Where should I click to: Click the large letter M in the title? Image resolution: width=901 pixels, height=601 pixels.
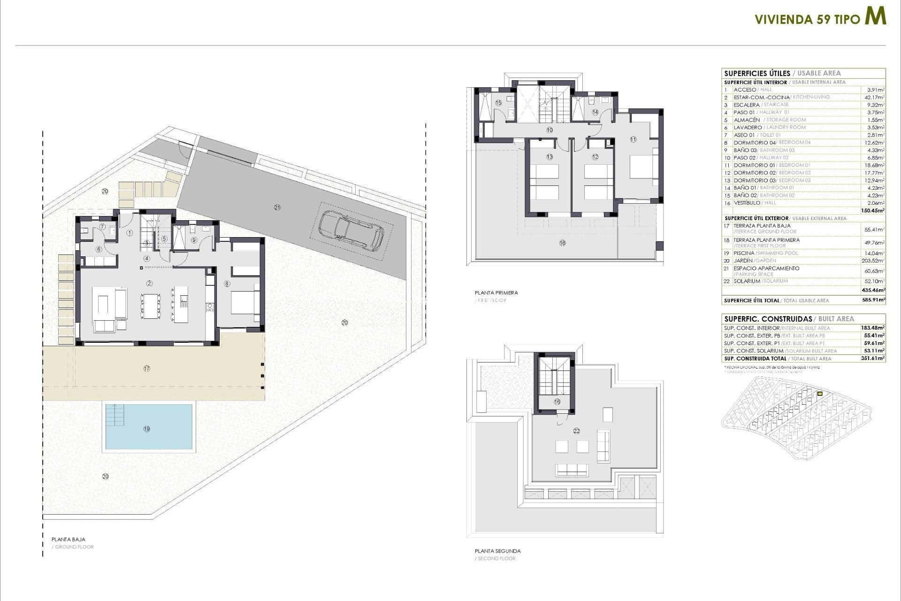pyautogui.click(x=876, y=16)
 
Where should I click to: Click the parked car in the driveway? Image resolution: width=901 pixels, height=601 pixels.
pyautogui.click(x=351, y=230)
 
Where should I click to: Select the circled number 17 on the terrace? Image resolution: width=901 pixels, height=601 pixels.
pyautogui.click(x=147, y=369)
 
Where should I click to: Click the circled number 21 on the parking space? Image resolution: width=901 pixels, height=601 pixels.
pyautogui.click(x=277, y=207)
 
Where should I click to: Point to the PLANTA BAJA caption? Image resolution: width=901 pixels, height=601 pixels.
pyautogui.click(x=69, y=539)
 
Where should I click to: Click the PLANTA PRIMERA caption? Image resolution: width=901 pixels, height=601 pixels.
pyautogui.click(x=496, y=293)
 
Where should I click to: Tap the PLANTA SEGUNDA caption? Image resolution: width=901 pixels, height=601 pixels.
pyautogui.click(x=497, y=551)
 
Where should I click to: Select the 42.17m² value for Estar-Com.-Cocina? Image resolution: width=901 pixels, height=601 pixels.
pyautogui.click(x=875, y=97)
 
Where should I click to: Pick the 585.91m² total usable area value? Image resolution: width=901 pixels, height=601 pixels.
pyautogui.click(x=873, y=300)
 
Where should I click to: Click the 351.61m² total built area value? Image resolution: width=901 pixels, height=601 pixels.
pyautogui.click(x=874, y=358)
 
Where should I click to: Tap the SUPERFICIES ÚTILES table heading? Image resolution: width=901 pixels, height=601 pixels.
pyautogui.click(x=757, y=73)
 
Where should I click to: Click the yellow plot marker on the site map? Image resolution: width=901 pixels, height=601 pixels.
pyautogui.click(x=820, y=393)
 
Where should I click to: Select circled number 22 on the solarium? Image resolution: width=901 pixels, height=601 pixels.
pyautogui.click(x=577, y=431)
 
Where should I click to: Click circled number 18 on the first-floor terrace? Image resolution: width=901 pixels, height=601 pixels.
pyautogui.click(x=562, y=243)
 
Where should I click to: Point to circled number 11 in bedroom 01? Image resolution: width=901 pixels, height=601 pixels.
pyautogui.click(x=633, y=139)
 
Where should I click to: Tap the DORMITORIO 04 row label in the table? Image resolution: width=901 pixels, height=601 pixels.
pyautogui.click(x=755, y=142)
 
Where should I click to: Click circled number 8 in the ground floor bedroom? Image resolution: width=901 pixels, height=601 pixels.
pyautogui.click(x=227, y=284)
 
